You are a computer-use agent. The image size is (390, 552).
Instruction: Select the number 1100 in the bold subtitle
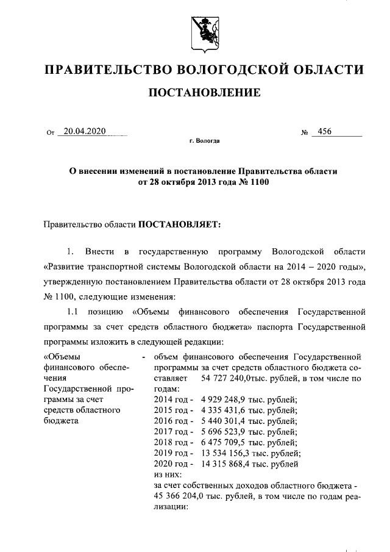257,182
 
